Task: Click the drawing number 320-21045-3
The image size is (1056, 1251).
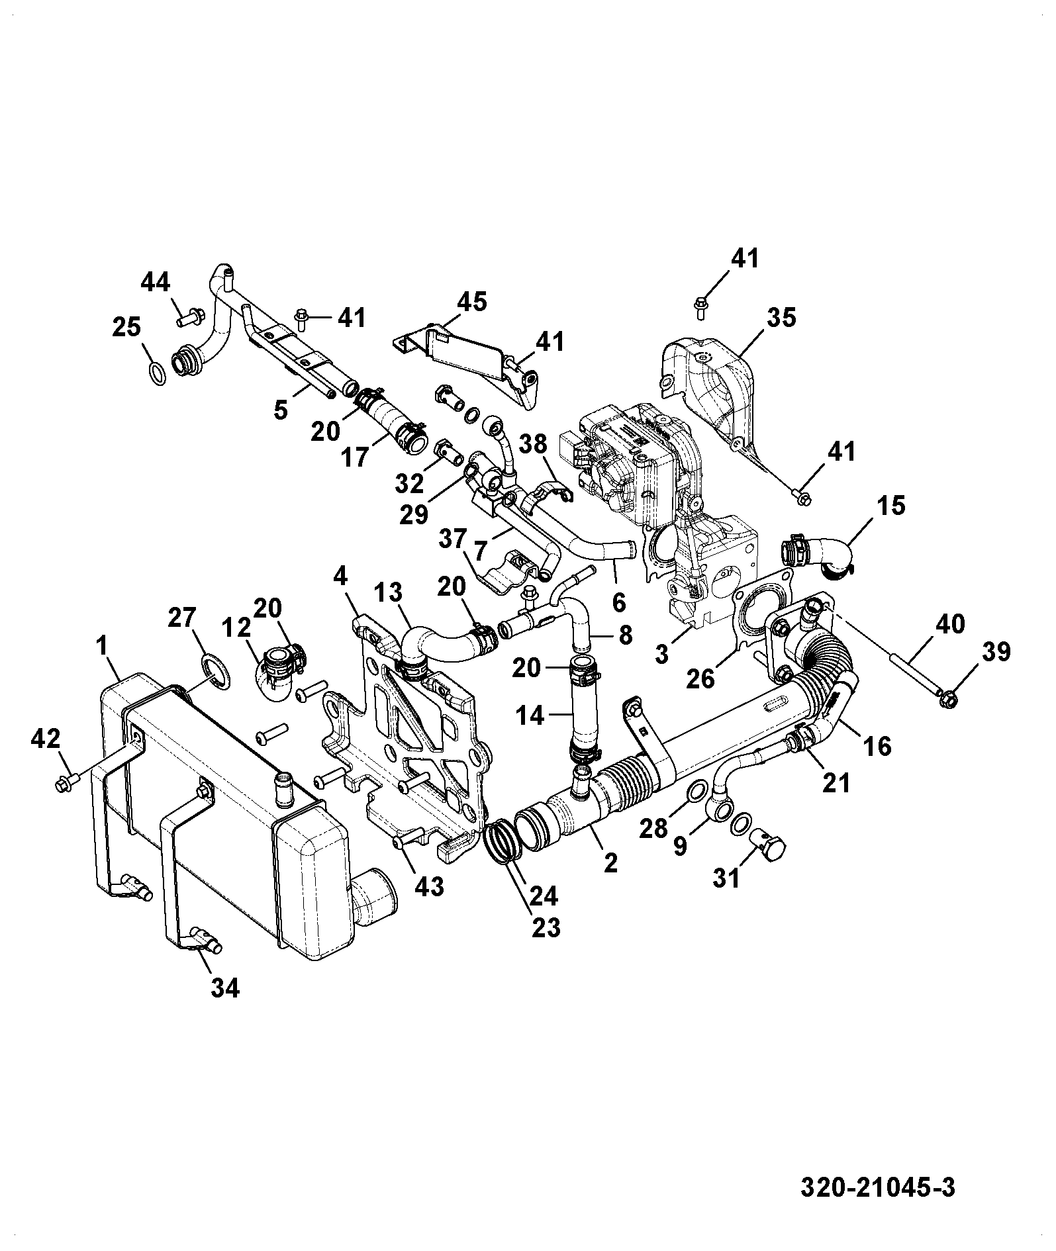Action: pos(878,1187)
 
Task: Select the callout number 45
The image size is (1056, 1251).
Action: pos(472,302)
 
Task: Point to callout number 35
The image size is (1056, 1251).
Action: pos(781,317)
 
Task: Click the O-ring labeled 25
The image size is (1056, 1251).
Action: pos(158,373)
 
